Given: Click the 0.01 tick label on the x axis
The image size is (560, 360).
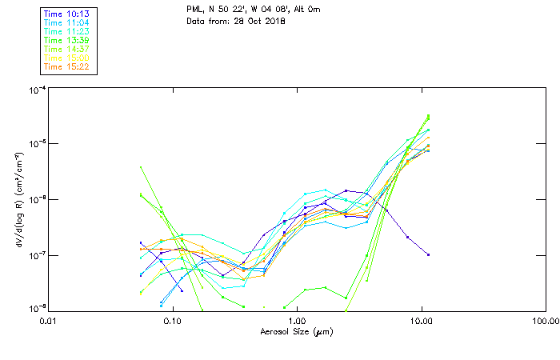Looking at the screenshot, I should [48, 321].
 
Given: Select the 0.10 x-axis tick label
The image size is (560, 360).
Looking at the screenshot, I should [172, 321].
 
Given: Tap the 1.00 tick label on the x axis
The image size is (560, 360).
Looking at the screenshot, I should [297, 321].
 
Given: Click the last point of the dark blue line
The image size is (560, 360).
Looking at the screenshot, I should [429, 254].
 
